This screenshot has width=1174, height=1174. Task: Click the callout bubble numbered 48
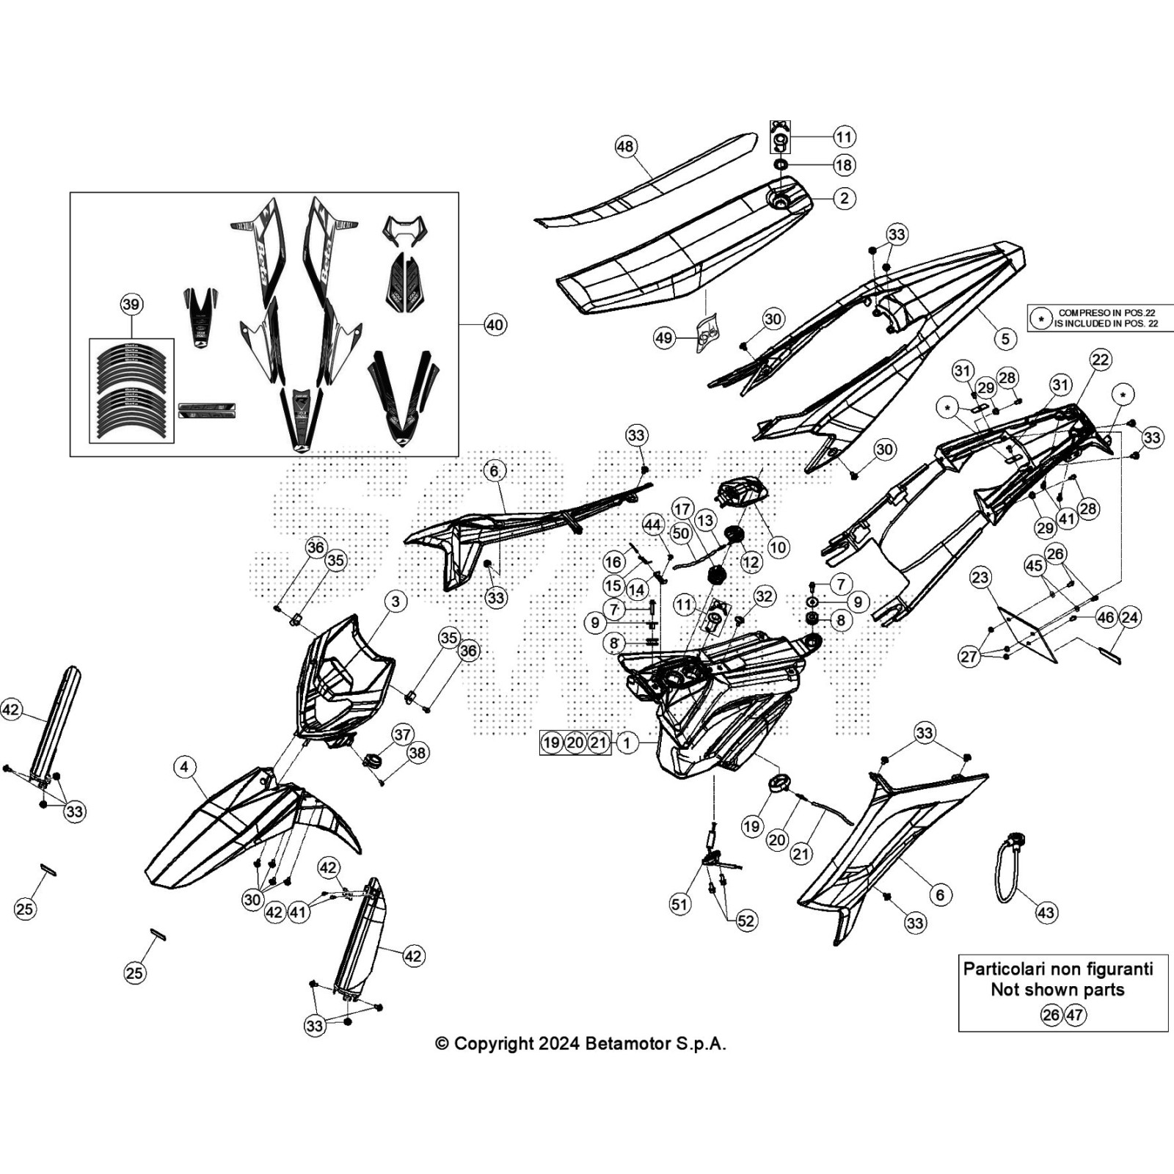(624, 147)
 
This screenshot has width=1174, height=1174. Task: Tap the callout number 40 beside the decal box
(495, 324)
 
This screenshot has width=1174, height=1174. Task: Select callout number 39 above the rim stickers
(131, 305)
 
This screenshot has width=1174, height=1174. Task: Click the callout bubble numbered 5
(1005, 338)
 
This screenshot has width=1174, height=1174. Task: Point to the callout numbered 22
(1101, 360)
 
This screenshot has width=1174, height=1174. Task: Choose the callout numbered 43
(1046, 913)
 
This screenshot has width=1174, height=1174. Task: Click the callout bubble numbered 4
(185, 768)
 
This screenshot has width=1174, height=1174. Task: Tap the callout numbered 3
(395, 602)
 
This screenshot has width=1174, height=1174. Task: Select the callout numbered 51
(680, 904)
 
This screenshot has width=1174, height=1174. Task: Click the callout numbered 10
(778, 547)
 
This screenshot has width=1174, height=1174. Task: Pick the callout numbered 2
(845, 198)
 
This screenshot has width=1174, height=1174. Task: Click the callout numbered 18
(845, 165)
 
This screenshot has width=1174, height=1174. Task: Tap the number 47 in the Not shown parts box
(1075, 1015)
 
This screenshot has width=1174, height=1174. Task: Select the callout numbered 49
(664, 338)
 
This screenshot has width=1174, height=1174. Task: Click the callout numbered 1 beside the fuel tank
(627, 743)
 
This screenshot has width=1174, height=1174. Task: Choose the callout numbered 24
(1130, 618)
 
